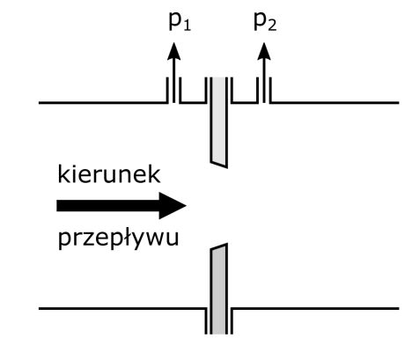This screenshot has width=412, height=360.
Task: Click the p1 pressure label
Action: (180, 22)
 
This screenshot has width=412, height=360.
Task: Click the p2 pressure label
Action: (265, 22)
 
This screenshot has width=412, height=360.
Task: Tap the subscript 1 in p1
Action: (188, 26)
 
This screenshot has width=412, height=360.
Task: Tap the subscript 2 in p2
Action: (272, 26)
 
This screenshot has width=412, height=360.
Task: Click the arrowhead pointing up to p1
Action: (174, 51)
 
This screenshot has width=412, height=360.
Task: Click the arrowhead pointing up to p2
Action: (264, 51)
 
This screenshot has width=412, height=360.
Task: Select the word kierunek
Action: (109, 174)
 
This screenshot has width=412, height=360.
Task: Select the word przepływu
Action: (119, 238)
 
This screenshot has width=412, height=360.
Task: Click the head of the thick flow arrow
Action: (173, 206)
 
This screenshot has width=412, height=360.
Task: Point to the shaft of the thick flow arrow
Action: (108, 206)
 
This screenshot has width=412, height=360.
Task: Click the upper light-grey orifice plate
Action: (219, 122)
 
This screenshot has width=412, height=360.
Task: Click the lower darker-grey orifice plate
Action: (219, 289)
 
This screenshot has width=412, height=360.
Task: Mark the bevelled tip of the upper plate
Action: (219, 164)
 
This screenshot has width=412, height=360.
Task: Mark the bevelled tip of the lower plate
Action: (219, 247)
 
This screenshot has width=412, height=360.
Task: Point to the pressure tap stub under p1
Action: (174, 90)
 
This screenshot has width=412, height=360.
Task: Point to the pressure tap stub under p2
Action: (264, 90)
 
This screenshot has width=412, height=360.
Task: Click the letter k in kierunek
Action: (63, 174)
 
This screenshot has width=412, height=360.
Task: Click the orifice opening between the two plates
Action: (219, 206)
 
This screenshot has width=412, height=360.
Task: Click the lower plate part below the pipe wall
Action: (219, 321)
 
